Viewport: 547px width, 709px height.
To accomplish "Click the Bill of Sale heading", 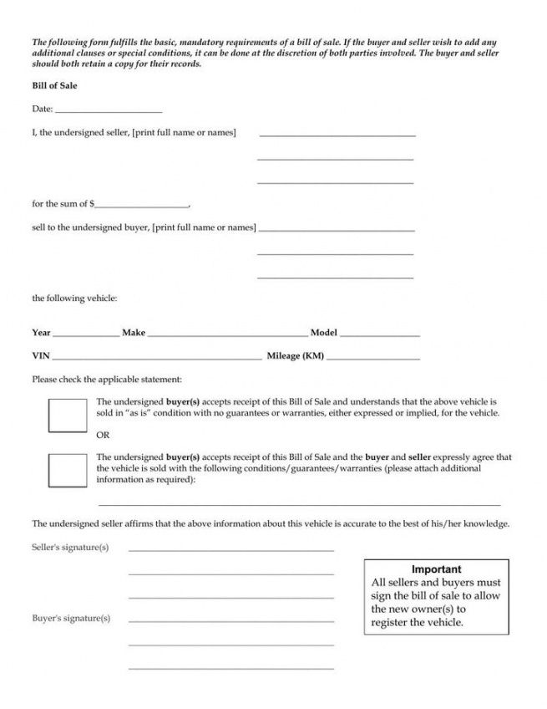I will (54, 86).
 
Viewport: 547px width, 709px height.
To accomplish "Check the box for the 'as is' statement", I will (68, 416).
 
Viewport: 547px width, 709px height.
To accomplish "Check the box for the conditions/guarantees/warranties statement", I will (68, 471).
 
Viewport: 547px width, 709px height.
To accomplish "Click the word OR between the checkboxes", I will (104, 435).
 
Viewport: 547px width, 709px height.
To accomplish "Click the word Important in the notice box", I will (436, 569).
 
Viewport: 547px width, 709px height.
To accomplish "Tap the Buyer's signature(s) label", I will (71, 619).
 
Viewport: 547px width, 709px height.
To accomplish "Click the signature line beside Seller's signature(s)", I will (231, 550).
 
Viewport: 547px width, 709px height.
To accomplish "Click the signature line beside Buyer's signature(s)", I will (231, 620).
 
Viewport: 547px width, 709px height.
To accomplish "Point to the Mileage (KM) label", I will (296, 356).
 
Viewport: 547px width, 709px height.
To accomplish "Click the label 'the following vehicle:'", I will (74, 298).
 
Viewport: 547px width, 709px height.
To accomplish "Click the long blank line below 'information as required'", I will (299, 505).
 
